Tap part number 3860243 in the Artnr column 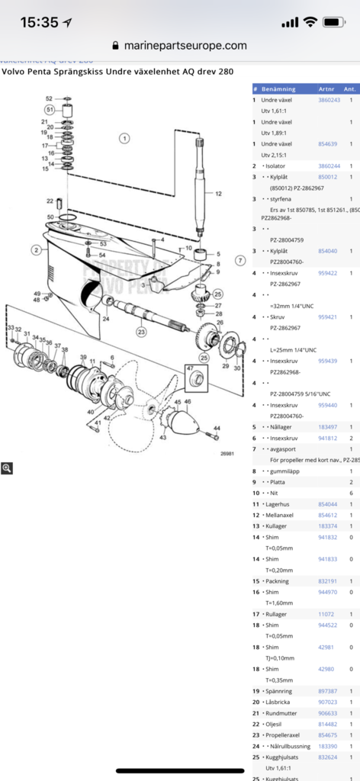click(x=329, y=100)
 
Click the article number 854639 click(x=327, y=143)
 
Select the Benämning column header click(x=278, y=88)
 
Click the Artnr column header click(x=326, y=88)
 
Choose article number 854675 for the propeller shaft click(x=327, y=735)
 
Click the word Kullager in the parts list click(x=275, y=526)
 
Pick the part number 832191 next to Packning click(x=327, y=580)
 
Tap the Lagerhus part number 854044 click(x=327, y=504)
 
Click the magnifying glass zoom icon click(x=7, y=468)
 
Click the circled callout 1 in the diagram click(x=124, y=138)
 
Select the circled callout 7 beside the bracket click(x=239, y=260)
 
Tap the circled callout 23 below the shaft click(x=141, y=332)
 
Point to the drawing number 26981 click(x=227, y=453)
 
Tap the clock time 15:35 click(x=39, y=22)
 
